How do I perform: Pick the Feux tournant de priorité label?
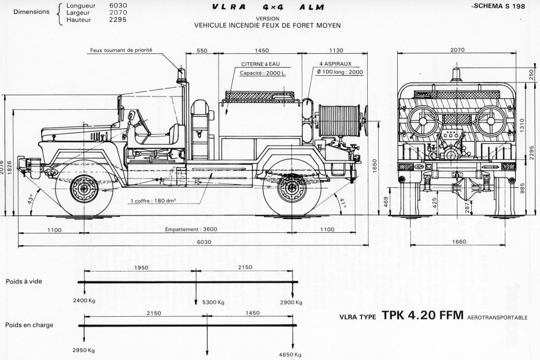click(x=121, y=50)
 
